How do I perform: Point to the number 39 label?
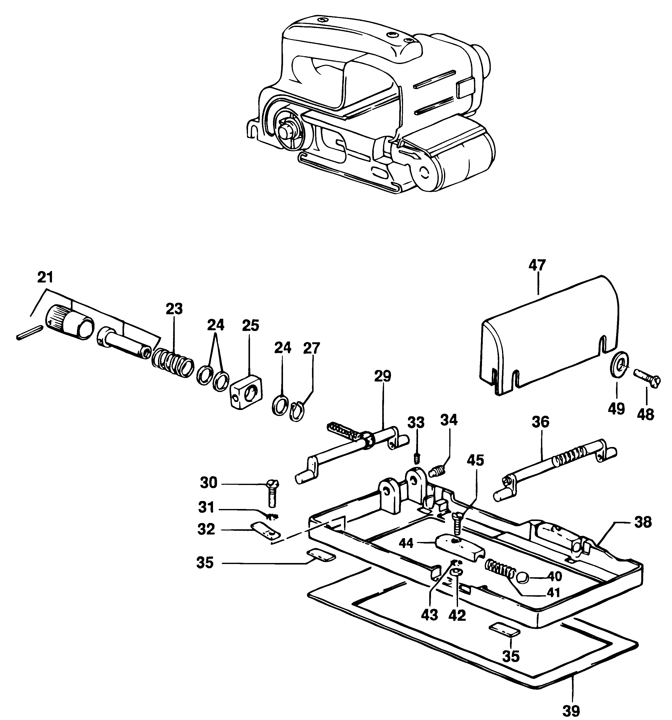[x=572, y=710]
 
